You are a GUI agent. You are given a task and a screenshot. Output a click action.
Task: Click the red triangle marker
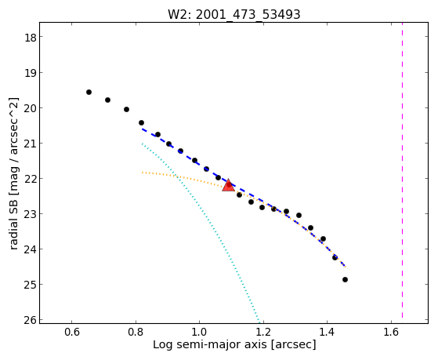click(x=229, y=185)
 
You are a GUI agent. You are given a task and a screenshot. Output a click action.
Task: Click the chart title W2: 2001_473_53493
click(x=233, y=14)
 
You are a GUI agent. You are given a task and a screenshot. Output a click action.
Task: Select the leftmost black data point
click(x=89, y=92)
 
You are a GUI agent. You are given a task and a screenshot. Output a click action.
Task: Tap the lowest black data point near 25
click(x=345, y=279)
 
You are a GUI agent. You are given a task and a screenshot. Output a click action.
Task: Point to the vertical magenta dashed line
click(x=402, y=170)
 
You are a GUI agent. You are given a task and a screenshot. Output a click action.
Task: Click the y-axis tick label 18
click(x=31, y=37)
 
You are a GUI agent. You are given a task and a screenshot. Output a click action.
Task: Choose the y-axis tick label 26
click(x=31, y=320)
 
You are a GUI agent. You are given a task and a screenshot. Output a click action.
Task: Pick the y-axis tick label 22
click(x=31, y=179)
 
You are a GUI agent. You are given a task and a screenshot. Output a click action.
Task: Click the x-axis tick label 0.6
click(x=72, y=332)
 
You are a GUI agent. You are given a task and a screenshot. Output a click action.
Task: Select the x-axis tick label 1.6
click(x=391, y=332)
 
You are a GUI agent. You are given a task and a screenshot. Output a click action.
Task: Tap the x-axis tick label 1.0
click(x=200, y=332)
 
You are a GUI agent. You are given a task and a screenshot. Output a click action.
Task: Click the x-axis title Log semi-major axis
click(x=210, y=344)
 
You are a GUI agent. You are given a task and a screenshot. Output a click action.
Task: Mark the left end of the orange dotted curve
click(x=142, y=173)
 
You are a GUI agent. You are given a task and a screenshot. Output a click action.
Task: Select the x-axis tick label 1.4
click(x=328, y=332)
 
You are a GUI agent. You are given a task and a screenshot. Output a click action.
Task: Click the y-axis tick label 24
click(x=31, y=249)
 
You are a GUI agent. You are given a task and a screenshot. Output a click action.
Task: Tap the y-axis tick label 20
click(x=31, y=108)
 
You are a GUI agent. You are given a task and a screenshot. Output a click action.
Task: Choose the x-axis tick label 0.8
click(x=136, y=332)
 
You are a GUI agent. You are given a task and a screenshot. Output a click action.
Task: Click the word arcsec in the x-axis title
click(x=293, y=344)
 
